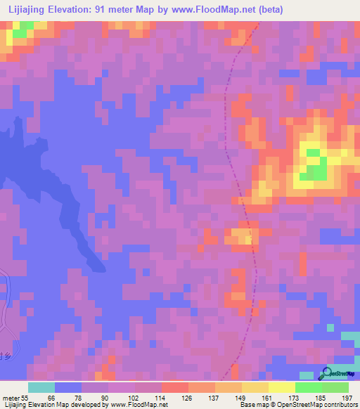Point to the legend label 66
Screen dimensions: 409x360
point(50,398)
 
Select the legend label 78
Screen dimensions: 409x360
point(77,398)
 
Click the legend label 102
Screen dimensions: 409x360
point(133,398)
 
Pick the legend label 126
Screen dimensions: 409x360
point(186,398)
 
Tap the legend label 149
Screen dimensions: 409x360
point(239,398)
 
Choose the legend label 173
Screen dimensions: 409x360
point(292,398)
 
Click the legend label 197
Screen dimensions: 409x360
point(345,398)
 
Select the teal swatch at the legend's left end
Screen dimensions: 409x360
point(41,387)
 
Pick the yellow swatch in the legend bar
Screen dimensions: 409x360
point(281,387)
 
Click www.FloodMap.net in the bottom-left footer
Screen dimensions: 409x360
point(137,405)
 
